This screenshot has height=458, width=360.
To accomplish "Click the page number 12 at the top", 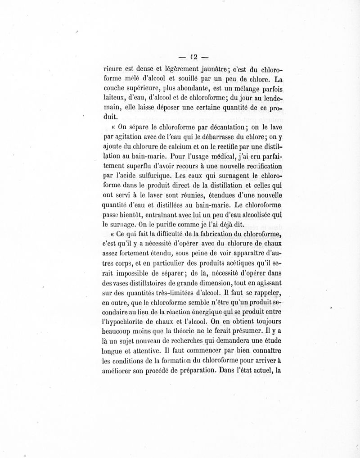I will click(194, 57).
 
